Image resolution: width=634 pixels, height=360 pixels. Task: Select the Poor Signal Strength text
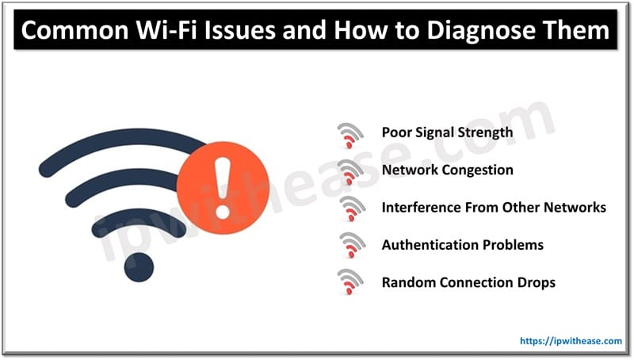(x=447, y=132)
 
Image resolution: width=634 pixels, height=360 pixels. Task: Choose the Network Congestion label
(x=447, y=170)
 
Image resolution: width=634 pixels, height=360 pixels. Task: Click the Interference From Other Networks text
(x=493, y=207)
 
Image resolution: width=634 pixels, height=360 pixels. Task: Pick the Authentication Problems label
(x=462, y=244)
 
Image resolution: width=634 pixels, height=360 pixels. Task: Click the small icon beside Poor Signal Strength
(x=349, y=134)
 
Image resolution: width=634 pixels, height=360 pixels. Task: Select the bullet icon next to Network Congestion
(x=349, y=171)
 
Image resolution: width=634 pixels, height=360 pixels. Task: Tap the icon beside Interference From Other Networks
(x=349, y=209)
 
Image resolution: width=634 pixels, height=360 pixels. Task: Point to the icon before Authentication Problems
(x=349, y=246)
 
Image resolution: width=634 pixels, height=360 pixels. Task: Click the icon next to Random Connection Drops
(x=349, y=283)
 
